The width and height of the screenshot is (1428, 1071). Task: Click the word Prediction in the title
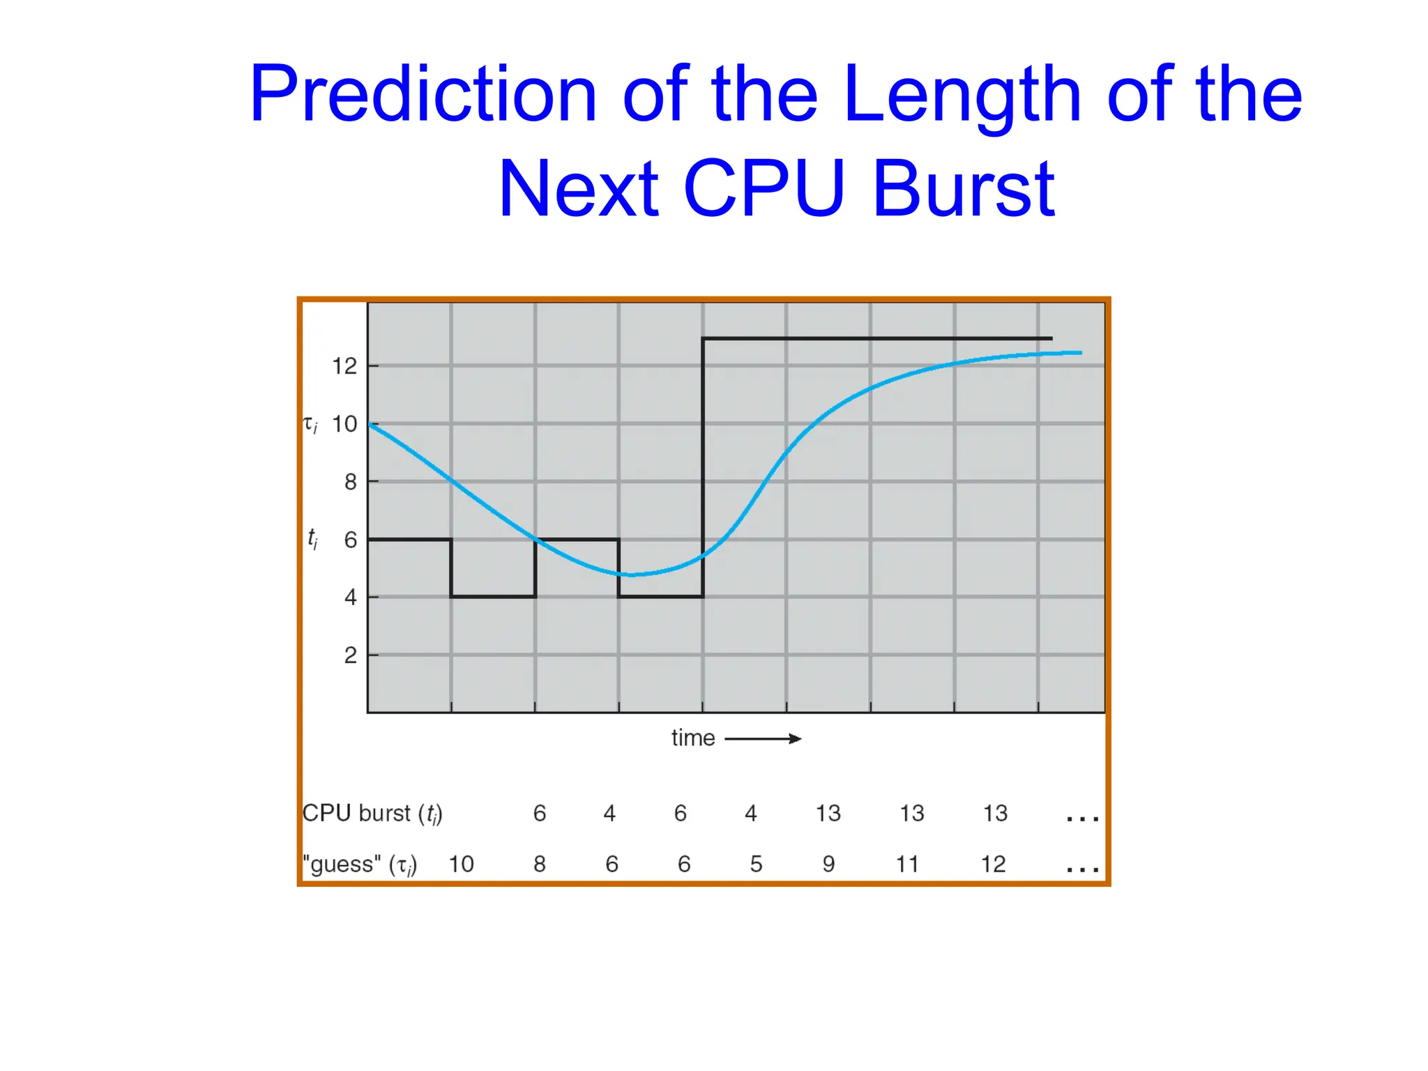(x=423, y=94)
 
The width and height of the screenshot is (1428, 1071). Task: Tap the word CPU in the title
(x=764, y=188)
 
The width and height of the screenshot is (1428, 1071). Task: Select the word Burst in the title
(x=964, y=188)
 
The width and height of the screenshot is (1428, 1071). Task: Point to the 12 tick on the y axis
(x=344, y=366)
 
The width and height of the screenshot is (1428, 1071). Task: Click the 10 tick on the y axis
(x=344, y=424)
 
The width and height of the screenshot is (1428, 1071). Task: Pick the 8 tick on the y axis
(x=351, y=482)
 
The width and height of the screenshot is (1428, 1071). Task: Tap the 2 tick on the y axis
(x=351, y=655)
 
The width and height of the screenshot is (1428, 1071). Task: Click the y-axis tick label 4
(x=351, y=598)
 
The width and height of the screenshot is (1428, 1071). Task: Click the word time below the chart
(x=693, y=738)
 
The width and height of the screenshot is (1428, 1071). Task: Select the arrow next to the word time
(x=764, y=739)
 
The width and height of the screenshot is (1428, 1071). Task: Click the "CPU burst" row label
(x=372, y=814)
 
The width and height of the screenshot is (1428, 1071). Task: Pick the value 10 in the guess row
(x=461, y=865)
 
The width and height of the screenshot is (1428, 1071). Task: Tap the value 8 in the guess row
(x=540, y=865)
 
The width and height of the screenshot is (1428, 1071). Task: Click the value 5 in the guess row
(x=756, y=865)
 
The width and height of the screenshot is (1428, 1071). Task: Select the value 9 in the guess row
(x=828, y=865)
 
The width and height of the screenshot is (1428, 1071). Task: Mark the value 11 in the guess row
(x=907, y=865)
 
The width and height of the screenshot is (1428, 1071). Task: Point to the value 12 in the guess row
(x=994, y=865)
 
